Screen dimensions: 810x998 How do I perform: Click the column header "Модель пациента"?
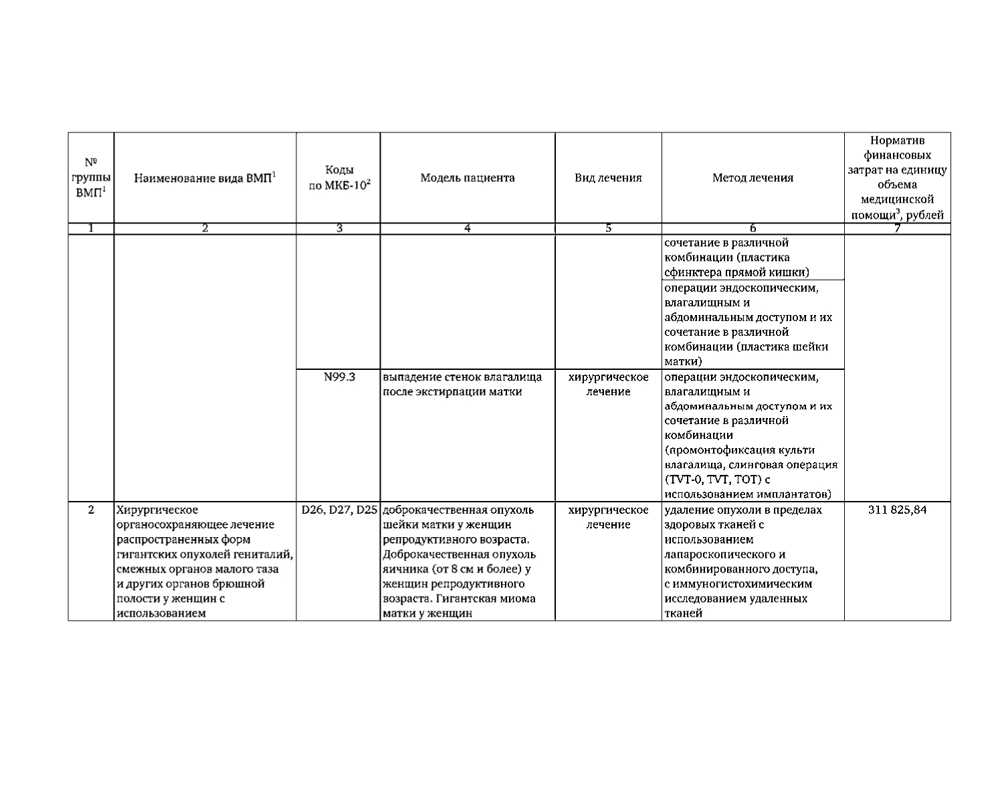[468, 178]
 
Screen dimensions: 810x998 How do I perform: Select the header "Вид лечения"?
[608, 178]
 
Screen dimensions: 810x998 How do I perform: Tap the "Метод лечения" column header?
[753, 178]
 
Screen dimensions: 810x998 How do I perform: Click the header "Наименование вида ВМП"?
[205, 178]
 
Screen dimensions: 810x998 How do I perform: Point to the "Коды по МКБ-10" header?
[339, 178]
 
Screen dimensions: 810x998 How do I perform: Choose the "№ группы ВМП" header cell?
[91, 177]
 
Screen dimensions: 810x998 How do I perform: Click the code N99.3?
[339, 377]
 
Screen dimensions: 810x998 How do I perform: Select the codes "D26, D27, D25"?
[339, 510]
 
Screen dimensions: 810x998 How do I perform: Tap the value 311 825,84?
[897, 510]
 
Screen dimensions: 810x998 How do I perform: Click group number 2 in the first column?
[91, 510]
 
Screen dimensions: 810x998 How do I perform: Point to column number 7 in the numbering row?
[897, 229]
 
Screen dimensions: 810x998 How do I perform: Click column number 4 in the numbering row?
[468, 229]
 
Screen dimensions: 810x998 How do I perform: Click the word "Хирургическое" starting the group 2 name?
[157, 510]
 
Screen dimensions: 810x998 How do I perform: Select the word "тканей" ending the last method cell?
[683, 613]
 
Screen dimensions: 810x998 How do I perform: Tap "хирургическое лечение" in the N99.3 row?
[608, 385]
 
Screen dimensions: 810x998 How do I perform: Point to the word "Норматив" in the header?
[897, 140]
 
